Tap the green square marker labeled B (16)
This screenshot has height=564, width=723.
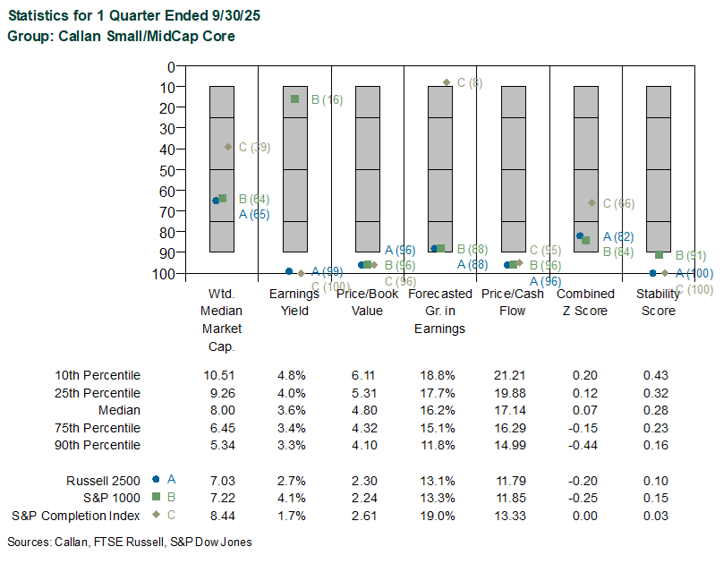(295, 99)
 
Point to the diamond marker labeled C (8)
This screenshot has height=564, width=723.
(447, 82)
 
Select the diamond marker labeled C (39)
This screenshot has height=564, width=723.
(228, 147)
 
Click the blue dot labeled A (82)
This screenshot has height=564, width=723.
(580, 235)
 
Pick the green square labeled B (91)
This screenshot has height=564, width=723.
(659, 255)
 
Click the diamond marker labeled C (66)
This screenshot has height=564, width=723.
(591, 203)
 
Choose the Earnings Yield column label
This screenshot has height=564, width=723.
(289, 302)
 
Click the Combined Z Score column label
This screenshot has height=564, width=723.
(585, 302)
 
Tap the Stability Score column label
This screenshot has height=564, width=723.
(656, 302)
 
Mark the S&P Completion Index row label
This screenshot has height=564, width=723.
(76, 516)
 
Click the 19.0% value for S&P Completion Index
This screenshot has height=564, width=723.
(438, 516)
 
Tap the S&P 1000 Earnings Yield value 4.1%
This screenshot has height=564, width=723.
(291, 498)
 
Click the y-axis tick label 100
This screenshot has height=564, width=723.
(164, 273)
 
